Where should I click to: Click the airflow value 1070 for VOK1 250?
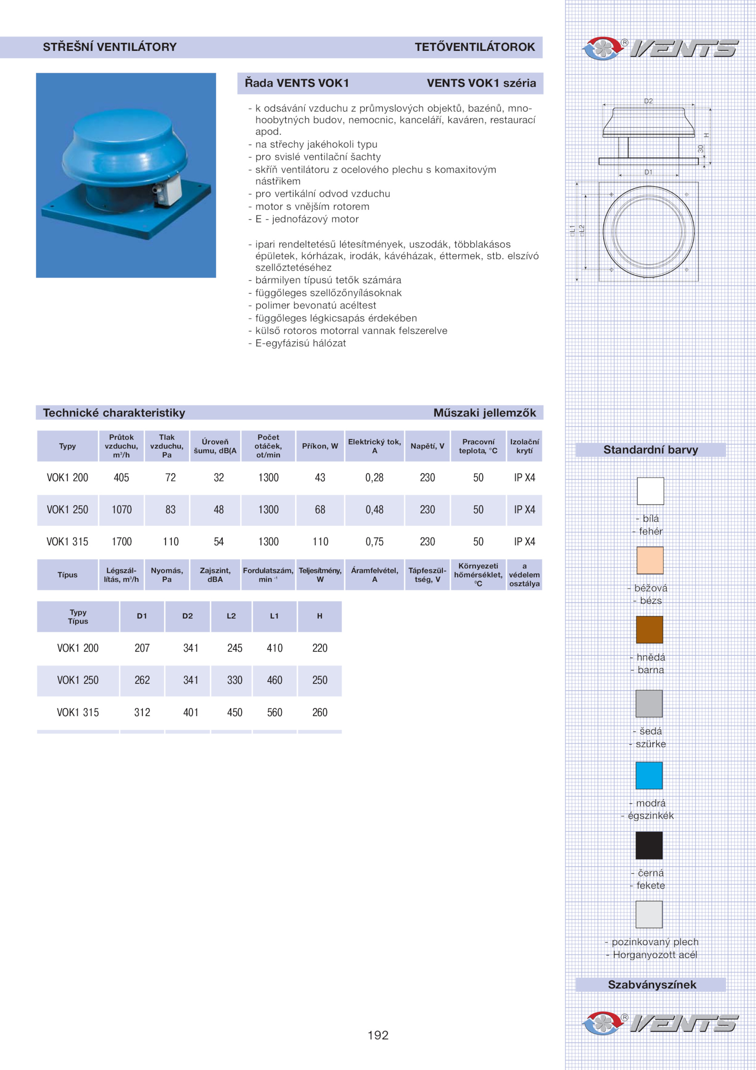coord(121,510)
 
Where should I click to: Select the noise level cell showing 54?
coord(219,542)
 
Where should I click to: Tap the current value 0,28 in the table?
coord(374,478)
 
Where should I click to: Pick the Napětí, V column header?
coord(427,446)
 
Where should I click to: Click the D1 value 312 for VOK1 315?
coord(142,713)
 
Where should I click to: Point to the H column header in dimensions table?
coord(320,616)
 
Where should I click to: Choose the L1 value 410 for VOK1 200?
coord(275,648)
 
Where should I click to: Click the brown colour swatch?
coord(650,629)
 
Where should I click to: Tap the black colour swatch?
coord(649,845)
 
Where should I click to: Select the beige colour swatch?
coord(650,560)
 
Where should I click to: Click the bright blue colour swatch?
coord(649,775)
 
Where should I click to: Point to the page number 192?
coord(378,1035)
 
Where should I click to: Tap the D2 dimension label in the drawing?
coord(648,101)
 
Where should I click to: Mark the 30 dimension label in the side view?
coord(701,149)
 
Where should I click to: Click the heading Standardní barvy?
coord(651,450)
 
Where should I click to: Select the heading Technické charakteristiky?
coord(114,413)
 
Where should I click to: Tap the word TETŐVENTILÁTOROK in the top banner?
coord(475,47)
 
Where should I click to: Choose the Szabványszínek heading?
coord(652,984)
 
